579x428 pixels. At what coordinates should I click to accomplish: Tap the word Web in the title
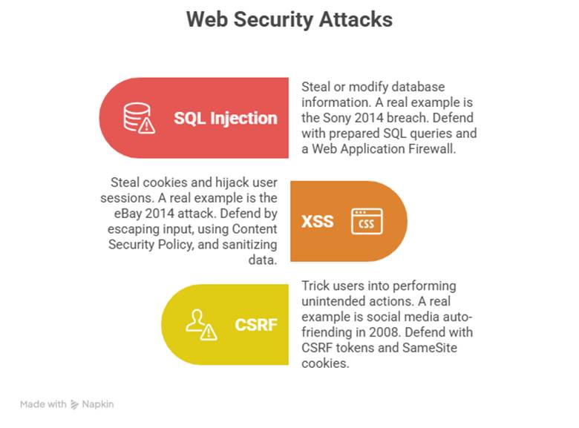click(x=206, y=19)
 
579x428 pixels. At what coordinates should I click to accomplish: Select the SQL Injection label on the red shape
click(x=225, y=118)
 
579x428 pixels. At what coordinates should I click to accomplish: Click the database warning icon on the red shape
click(x=139, y=118)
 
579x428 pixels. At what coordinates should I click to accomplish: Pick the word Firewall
click(x=442, y=149)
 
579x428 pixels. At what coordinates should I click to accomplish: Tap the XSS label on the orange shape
click(x=317, y=221)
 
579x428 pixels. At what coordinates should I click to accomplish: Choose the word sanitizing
click(x=245, y=244)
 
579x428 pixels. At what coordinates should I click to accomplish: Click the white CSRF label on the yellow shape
click(x=255, y=324)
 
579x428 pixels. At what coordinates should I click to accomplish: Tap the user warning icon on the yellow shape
click(x=201, y=324)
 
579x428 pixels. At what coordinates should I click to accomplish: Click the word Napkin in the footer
click(x=97, y=404)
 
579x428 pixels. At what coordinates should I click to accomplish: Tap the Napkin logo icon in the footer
click(x=74, y=404)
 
